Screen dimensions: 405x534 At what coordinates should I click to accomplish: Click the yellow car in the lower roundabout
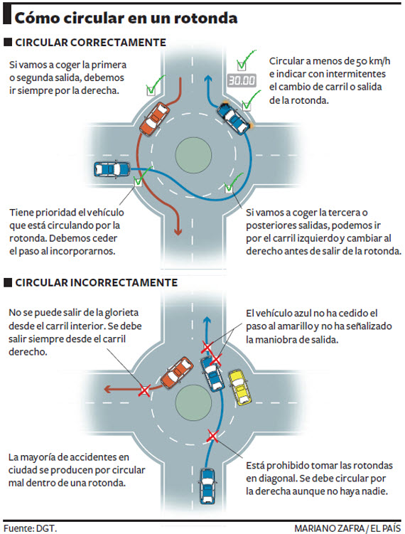coord(239,388)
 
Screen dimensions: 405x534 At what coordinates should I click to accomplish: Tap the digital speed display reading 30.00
coord(242,80)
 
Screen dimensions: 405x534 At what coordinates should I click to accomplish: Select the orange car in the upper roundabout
coord(154,119)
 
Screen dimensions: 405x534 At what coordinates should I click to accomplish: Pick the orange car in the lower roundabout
coord(177,373)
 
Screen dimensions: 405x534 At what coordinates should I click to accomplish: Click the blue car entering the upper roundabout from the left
coord(112,169)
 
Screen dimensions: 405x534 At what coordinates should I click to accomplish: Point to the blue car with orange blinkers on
coord(235,117)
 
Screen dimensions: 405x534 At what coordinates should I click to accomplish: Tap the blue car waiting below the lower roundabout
coord(207,486)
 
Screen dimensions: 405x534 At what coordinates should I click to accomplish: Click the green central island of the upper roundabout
coord(193,155)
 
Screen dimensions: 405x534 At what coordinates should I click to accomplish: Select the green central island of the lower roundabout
coord(193,403)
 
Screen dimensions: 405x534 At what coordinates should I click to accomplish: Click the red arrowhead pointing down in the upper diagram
coord(178,232)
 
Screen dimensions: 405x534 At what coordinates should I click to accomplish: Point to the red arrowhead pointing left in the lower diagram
coord(108,389)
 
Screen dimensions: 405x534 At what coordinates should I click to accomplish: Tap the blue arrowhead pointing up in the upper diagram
coord(208,79)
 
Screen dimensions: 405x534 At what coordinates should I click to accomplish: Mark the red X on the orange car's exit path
coord(144,390)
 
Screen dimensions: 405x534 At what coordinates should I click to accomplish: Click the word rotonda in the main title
coord(205,18)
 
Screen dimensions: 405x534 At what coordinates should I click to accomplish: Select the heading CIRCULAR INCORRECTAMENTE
coord(97,283)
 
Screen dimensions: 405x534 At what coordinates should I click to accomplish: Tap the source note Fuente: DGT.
coord(30,528)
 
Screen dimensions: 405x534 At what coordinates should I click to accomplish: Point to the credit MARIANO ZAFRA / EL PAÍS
coord(347,528)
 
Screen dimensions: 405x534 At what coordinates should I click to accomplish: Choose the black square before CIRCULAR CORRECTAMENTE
coord(8,42)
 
